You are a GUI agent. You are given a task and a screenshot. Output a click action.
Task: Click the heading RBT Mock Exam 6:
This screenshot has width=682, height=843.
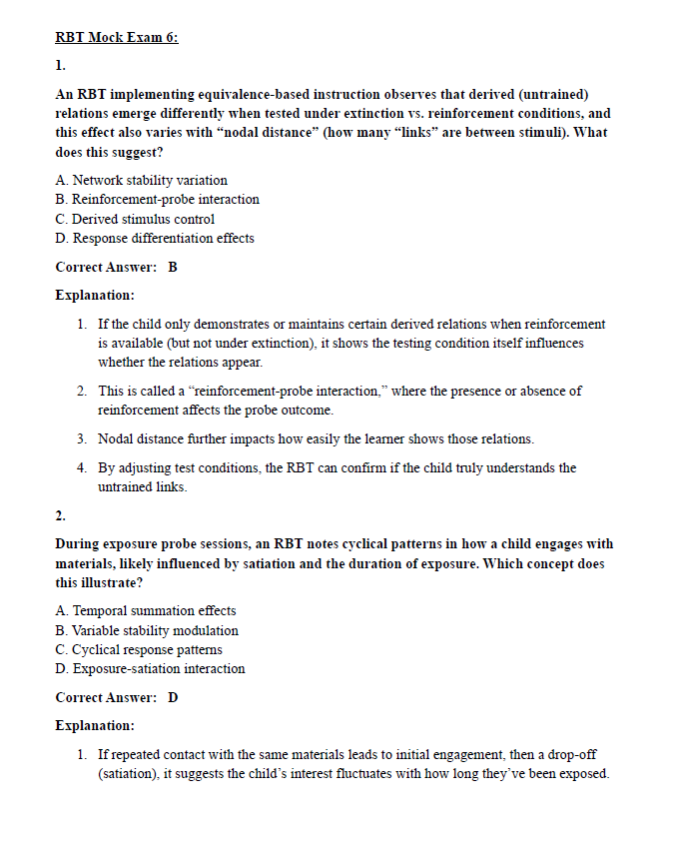point(116,38)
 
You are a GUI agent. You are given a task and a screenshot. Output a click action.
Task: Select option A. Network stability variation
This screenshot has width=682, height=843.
point(141,181)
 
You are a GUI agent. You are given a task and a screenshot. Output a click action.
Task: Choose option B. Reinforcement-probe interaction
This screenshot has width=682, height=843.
point(157,200)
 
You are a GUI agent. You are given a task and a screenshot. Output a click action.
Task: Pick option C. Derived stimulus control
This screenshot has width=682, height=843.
point(135,219)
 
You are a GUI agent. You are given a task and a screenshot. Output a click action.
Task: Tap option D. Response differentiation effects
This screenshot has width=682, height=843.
point(155,239)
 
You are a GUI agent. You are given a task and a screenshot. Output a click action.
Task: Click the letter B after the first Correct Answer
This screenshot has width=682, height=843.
point(173,267)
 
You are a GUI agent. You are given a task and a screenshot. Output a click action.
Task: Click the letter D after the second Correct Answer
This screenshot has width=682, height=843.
point(173,697)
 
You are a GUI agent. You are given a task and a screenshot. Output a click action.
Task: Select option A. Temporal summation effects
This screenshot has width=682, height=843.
point(146,611)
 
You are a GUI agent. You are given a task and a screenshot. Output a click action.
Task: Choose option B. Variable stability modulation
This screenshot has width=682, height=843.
point(147,630)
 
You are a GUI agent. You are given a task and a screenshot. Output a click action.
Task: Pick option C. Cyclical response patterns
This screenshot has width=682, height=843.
point(139,650)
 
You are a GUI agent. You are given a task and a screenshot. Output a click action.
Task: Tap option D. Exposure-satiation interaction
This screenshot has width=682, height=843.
point(150,669)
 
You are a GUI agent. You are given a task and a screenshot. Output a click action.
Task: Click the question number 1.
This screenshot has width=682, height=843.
point(60,66)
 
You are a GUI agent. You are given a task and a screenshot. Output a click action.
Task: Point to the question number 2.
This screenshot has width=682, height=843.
point(60,516)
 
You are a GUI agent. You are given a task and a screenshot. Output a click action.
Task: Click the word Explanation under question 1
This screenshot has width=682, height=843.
point(95,296)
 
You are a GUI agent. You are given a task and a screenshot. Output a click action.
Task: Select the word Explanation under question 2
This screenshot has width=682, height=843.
point(95,725)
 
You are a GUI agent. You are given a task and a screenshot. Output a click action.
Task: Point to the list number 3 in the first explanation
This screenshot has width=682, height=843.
point(81,439)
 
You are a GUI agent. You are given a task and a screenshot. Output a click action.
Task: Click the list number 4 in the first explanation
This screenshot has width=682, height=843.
point(81,467)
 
